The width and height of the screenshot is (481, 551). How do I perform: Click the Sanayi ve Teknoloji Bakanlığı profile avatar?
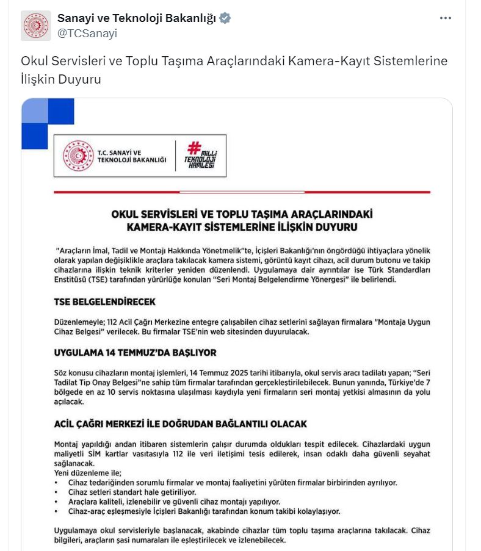coord(36,26)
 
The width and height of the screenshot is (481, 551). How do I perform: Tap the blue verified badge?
coord(225,18)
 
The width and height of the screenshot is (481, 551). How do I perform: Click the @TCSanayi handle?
coord(87,34)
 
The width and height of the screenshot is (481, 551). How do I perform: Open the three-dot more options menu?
coord(446,18)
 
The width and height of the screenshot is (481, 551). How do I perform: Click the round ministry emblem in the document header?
coord(79,156)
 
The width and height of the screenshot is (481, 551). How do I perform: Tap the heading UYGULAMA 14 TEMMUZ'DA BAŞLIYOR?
coord(135,353)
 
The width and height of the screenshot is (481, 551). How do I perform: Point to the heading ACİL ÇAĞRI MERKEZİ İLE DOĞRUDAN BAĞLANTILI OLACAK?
coord(180,423)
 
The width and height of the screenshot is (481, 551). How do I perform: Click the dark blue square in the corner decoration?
coord(60,111)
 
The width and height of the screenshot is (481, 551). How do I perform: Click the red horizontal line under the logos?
coord(242,192)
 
